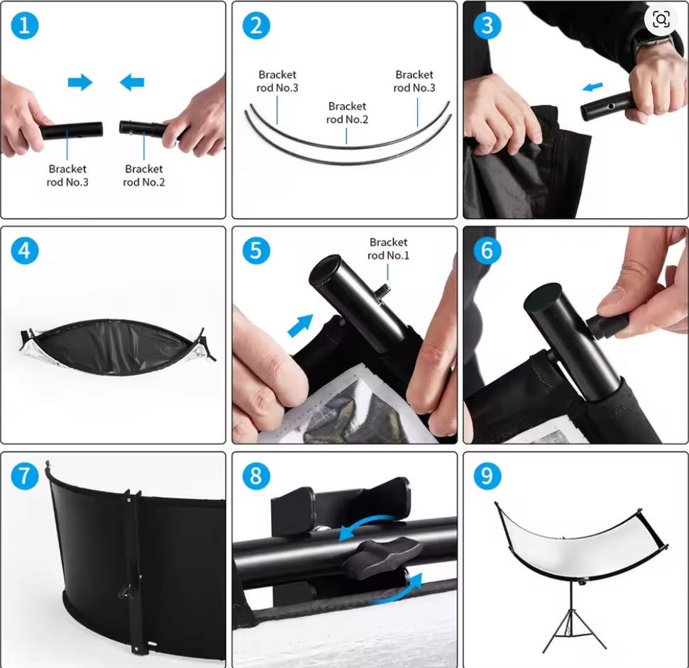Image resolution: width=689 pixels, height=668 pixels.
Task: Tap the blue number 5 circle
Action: (256, 250)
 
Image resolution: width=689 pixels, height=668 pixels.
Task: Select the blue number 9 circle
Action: (487, 476)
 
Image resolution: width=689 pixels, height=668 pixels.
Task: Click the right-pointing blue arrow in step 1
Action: (80, 82)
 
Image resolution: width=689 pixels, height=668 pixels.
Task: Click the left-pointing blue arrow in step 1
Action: (132, 82)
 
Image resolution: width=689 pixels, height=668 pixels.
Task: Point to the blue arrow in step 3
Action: (592, 87)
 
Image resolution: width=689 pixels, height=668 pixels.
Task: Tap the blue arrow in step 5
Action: (301, 325)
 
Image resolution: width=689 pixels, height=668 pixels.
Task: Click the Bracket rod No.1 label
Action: (388, 249)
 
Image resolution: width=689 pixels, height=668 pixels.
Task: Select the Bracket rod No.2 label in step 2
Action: (347, 113)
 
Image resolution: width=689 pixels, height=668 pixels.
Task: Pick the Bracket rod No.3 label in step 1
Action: (67, 176)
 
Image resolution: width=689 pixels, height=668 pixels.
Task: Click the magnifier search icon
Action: (661, 19)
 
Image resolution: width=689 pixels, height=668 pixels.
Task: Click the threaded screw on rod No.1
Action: (382, 290)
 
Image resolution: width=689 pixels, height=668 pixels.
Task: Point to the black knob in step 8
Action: (382, 555)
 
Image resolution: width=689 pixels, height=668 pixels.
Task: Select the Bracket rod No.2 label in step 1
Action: (143, 176)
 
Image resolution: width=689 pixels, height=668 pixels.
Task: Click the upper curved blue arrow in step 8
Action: (369, 525)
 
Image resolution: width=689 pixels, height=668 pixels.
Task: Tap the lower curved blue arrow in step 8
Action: (397, 589)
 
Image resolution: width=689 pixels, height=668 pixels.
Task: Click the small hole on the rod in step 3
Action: (611, 106)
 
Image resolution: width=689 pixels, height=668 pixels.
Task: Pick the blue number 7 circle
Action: (25, 476)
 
